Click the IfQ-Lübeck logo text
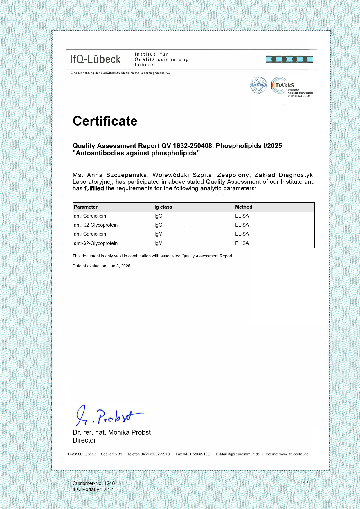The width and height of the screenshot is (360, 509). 95,59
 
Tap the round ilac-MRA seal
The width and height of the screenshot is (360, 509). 258,85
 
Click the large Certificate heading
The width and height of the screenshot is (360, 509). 105,121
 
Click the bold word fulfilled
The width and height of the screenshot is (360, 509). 94,188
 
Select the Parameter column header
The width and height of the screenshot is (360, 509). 86,207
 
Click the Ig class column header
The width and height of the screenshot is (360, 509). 163,207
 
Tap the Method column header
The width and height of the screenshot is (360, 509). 244,207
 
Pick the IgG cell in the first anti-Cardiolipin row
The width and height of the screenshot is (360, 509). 158,216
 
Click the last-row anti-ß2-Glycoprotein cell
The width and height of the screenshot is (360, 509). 96,243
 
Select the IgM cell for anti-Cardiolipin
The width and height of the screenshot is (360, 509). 158,234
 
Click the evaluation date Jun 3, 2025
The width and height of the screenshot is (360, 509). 119,266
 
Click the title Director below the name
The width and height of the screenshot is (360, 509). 84,440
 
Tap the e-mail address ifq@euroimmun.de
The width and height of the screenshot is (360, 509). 244,454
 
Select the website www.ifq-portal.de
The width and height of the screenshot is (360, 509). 294,454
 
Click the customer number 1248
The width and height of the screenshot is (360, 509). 109,483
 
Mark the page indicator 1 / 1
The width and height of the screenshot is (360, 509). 307,483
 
